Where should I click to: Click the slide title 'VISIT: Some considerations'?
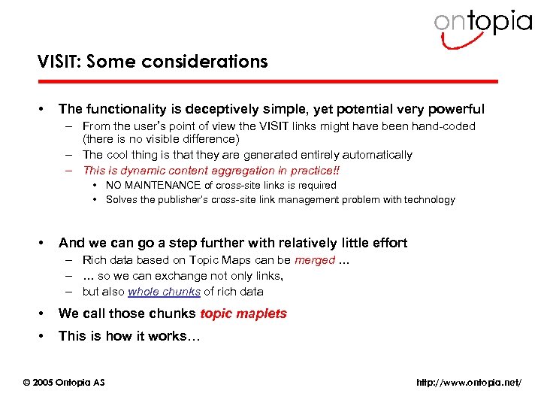[153, 62]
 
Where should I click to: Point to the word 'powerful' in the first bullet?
[455, 109]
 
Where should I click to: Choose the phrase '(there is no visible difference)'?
[161, 139]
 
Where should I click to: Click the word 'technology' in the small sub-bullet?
[430, 200]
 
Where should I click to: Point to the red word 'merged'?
[314, 260]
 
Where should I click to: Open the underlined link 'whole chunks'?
[164, 292]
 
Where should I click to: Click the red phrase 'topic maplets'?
[243, 314]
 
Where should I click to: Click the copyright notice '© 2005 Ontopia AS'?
[65, 383]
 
